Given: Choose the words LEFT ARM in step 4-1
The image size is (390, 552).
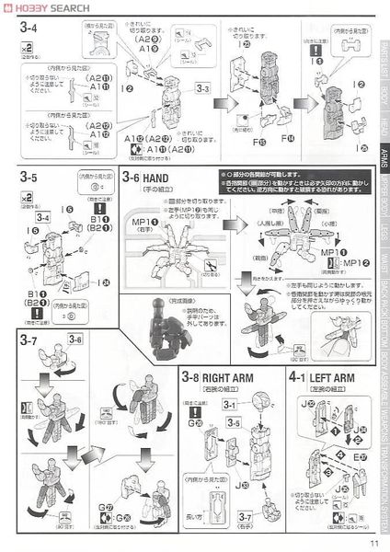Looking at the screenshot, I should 332,375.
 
